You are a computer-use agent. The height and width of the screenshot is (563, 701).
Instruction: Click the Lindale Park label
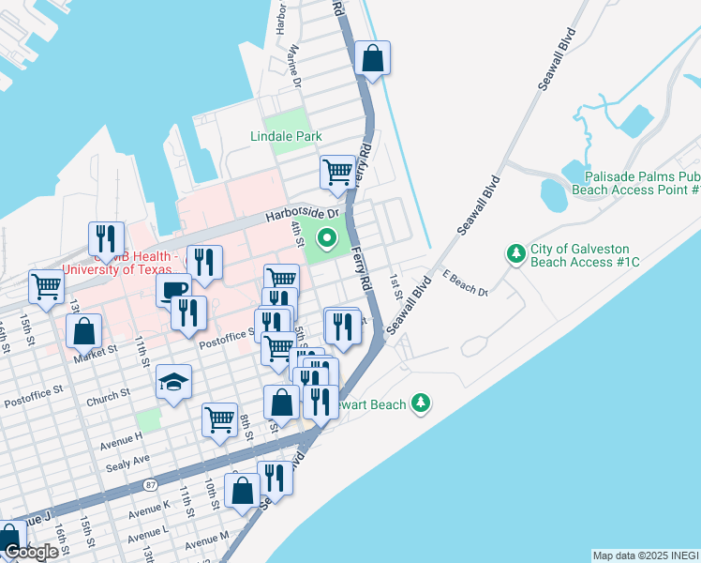[x=286, y=136]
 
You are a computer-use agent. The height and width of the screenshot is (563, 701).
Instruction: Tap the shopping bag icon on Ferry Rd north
[x=373, y=57]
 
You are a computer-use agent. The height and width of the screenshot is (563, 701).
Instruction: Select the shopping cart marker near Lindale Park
[x=337, y=172]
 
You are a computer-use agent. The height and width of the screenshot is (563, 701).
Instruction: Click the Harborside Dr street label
[x=300, y=215]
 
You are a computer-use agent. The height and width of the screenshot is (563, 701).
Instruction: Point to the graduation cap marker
[x=173, y=381]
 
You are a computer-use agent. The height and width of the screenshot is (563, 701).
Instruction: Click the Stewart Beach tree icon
[x=423, y=403]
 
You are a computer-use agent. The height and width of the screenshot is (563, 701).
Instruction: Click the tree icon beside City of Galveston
[x=515, y=253]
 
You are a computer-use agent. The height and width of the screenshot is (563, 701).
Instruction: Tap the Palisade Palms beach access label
[x=642, y=183]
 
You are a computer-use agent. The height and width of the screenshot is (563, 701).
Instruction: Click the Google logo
[x=30, y=553]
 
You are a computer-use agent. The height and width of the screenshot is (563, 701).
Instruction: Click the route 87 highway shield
[x=151, y=484]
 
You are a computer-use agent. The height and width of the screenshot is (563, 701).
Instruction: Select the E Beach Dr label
[x=467, y=283]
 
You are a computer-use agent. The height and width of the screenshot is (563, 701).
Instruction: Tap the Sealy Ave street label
[x=127, y=460]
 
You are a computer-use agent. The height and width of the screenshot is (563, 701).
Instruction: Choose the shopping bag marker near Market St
[x=84, y=330]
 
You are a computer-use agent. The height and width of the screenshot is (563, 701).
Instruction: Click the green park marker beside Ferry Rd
[x=327, y=237]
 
